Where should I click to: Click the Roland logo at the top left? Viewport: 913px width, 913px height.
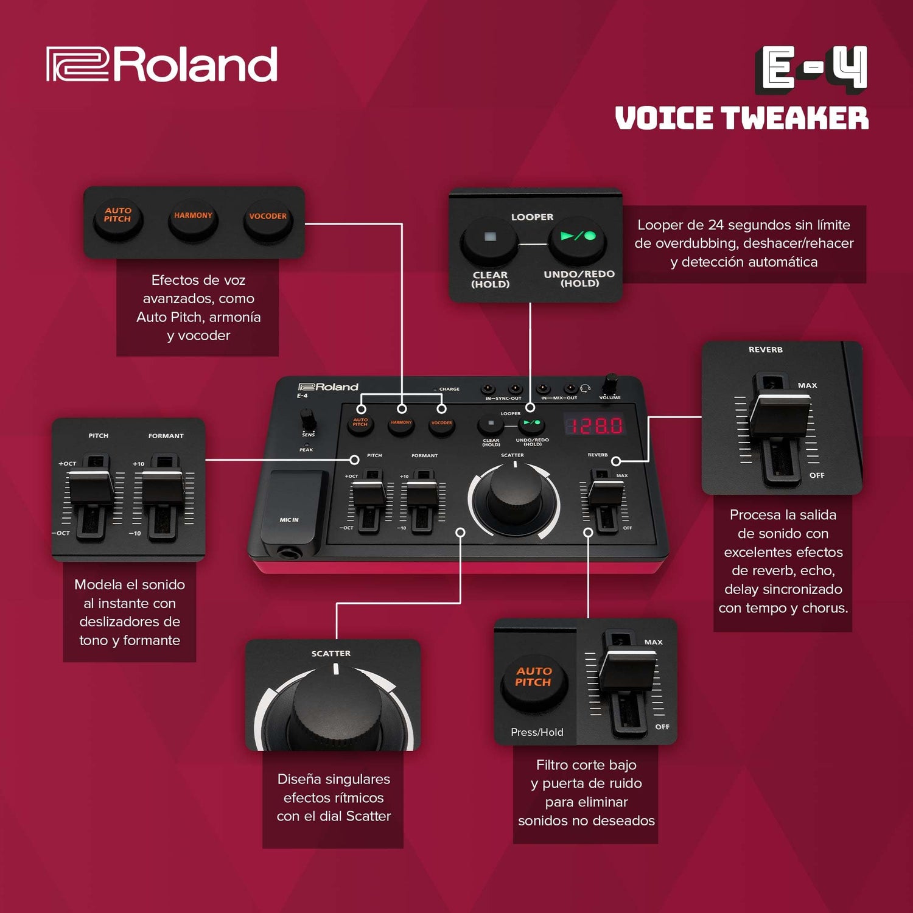pyautogui.click(x=162, y=65)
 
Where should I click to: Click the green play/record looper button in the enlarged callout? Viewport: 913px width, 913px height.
pyautogui.click(x=578, y=239)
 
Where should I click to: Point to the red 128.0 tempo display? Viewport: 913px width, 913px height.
pyautogui.click(x=593, y=425)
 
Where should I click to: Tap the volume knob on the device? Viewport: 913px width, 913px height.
pyautogui.click(x=610, y=385)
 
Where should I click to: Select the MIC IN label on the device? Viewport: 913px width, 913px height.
pyautogui.click(x=289, y=520)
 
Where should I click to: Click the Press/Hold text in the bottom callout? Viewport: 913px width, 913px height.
pyautogui.click(x=537, y=732)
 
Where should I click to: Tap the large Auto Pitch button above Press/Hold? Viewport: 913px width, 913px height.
pyautogui.click(x=534, y=682)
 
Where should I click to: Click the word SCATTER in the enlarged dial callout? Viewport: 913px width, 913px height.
pyautogui.click(x=331, y=653)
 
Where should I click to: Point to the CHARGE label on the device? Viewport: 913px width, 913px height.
pyautogui.click(x=449, y=389)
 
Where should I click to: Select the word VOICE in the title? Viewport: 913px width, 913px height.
pyautogui.click(x=665, y=118)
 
